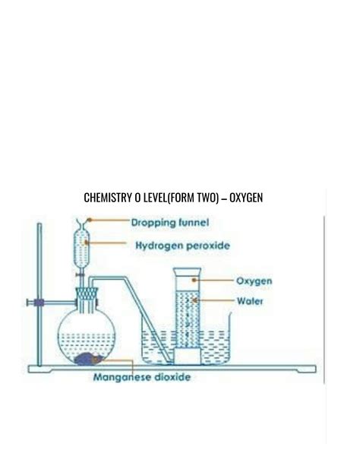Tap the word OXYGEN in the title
click(x=246, y=198)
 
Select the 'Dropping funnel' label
click(x=170, y=223)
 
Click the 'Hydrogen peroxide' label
click(x=183, y=246)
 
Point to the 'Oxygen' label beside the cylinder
click(x=254, y=281)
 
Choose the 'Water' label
click(x=250, y=301)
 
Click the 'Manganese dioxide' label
click(x=142, y=377)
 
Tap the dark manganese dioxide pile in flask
click(x=88, y=359)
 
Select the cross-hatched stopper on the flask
click(x=87, y=294)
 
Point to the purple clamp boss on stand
click(x=39, y=303)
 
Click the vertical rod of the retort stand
click(x=39, y=294)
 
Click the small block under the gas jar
click(x=188, y=356)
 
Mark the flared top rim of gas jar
click(x=187, y=271)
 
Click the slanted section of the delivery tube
click(x=148, y=319)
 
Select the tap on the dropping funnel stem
click(x=80, y=275)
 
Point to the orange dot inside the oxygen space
click(x=194, y=280)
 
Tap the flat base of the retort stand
click(x=172, y=369)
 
